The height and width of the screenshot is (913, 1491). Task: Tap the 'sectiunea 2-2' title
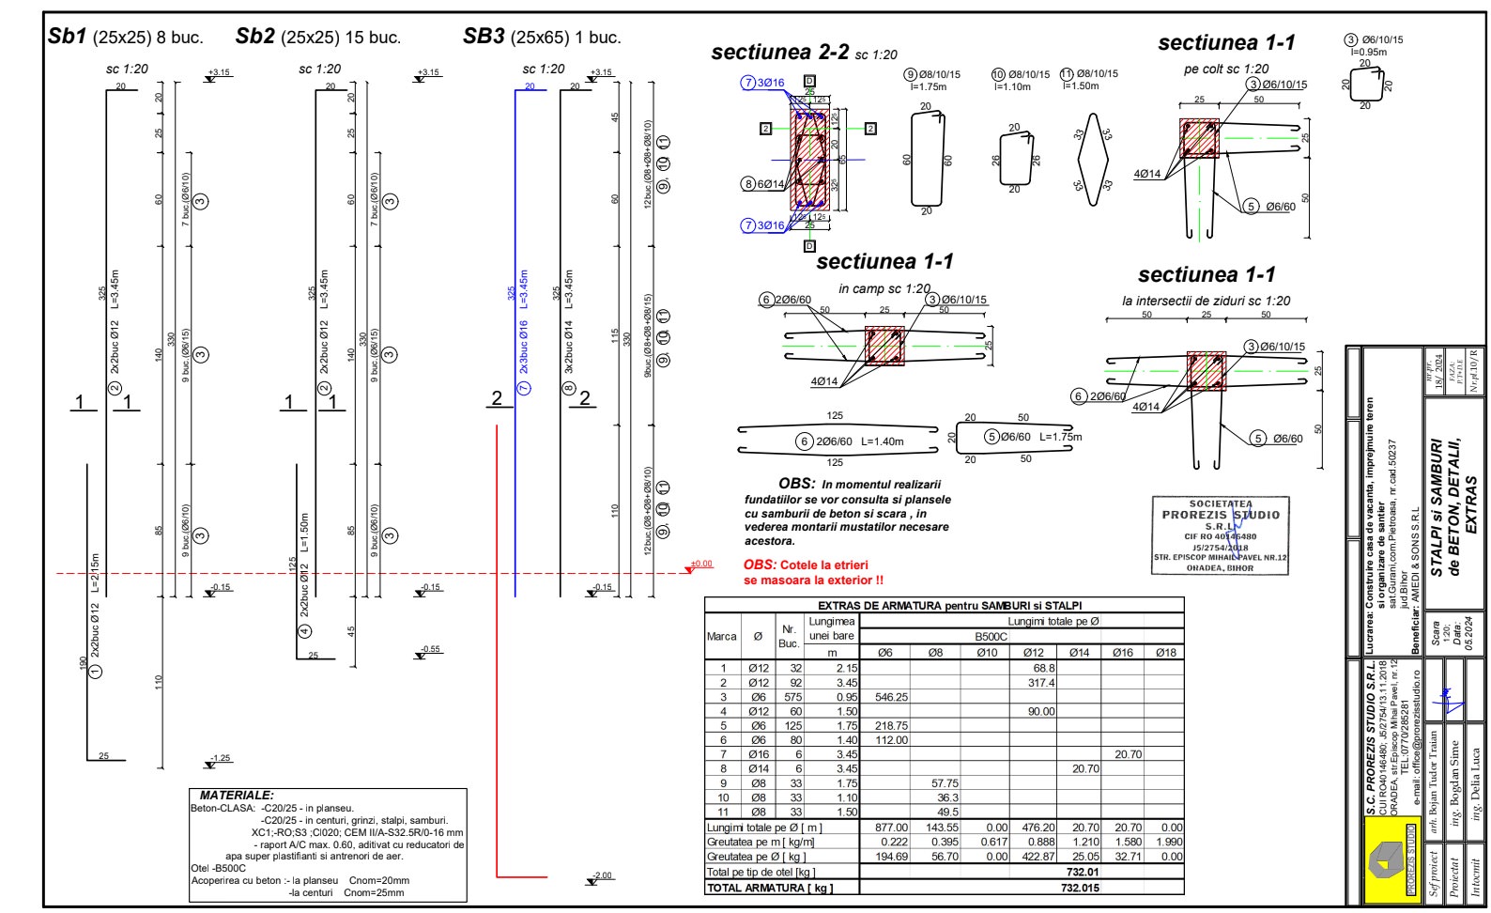coord(780,53)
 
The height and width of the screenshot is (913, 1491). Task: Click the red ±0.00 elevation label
coord(700,565)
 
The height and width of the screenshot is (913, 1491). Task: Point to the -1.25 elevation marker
coord(220,759)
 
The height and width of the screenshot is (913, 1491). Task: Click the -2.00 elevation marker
coord(601,876)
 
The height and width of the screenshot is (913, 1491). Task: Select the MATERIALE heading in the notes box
coord(237,796)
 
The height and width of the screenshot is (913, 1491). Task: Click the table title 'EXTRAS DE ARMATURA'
coord(944,606)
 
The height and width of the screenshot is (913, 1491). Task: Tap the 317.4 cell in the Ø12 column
coord(1040,683)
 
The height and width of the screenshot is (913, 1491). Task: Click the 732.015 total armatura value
coord(1079,888)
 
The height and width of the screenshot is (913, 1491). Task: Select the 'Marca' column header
coord(721,636)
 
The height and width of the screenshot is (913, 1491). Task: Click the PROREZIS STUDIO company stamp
coord(1221,535)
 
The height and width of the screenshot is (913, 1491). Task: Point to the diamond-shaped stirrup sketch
coord(1092,159)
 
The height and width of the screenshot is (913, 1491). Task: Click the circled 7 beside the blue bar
coord(525,388)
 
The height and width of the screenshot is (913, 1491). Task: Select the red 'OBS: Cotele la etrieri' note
coord(813,572)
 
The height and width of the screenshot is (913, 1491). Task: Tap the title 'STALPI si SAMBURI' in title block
coord(1437,507)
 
